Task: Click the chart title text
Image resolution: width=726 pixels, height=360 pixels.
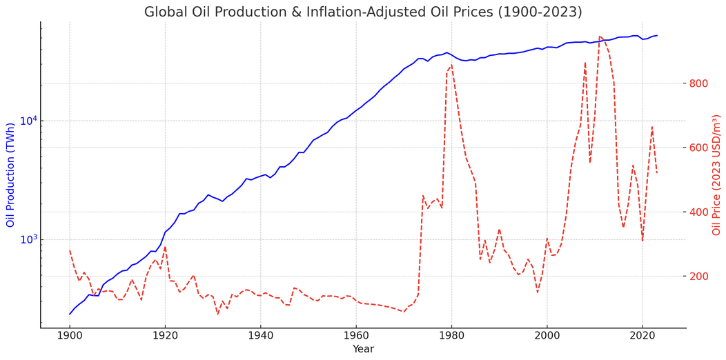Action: click(x=363, y=12)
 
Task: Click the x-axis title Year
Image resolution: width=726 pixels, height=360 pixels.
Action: click(x=363, y=350)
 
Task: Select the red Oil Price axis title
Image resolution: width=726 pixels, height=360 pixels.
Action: click(x=716, y=175)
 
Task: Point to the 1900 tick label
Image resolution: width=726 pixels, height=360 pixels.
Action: click(x=70, y=336)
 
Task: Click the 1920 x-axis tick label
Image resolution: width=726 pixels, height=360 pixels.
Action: click(x=165, y=336)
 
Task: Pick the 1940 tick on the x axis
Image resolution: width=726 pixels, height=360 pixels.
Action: click(x=260, y=336)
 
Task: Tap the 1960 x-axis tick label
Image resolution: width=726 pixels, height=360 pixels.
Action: click(x=356, y=336)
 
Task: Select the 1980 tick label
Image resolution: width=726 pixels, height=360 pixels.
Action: click(x=451, y=336)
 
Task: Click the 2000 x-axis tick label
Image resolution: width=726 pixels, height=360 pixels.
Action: click(x=547, y=336)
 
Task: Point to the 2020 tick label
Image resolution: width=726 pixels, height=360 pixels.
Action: click(x=642, y=336)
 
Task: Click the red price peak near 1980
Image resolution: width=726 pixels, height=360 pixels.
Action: click(x=451, y=66)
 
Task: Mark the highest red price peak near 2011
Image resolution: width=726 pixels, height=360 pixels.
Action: click(x=600, y=37)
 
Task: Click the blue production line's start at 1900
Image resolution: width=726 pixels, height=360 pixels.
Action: click(x=70, y=314)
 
